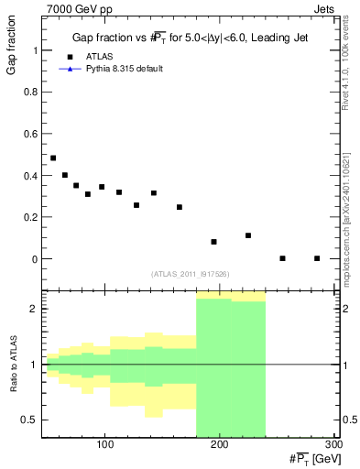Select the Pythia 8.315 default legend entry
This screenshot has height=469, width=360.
tap(124, 69)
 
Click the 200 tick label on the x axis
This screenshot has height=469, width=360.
tap(220, 444)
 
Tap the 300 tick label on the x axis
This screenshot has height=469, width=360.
tap(334, 444)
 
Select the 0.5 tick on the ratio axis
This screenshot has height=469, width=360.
tap(27, 420)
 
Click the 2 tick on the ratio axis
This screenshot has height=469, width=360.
tap(32, 309)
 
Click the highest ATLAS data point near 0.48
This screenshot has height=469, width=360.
tap(53, 158)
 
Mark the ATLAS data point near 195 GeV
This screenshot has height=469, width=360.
tap(213, 242)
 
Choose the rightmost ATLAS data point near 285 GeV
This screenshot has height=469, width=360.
tap(317, 258)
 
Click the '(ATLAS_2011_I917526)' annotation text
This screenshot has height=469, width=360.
tap(191, 274)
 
